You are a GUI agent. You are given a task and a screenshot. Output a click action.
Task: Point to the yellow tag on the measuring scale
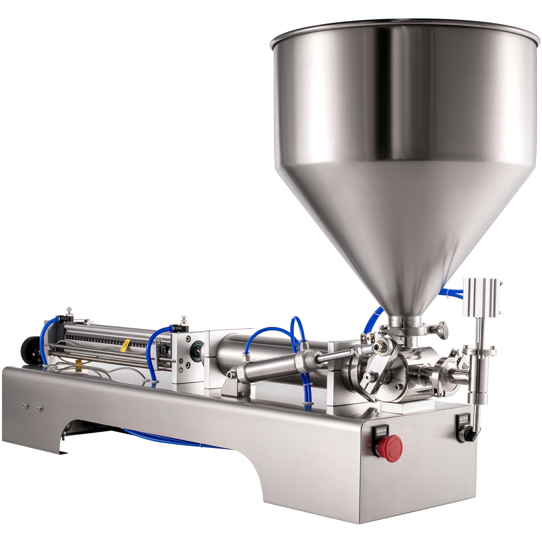click(127, 343)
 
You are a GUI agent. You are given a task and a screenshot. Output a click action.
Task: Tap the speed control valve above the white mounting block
click(184, 320)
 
